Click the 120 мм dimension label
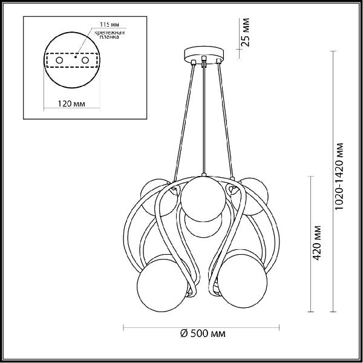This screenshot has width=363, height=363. [x=71, y=103]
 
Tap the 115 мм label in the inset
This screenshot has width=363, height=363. [x=110, y=24]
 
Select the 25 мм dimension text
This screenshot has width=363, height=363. [x=246, y=33]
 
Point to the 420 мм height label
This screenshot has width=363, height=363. [x=316, y=243]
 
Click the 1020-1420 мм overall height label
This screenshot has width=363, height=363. [x=339, y=177]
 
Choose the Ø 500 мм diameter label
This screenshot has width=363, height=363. [x=203, y=333]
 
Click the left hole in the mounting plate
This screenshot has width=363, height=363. [x=59, y=60]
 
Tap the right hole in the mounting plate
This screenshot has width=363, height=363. [x=85, y=60]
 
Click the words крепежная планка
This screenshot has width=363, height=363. [x=110, y=34]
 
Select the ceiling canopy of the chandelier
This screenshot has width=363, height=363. [x=204, y=55]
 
